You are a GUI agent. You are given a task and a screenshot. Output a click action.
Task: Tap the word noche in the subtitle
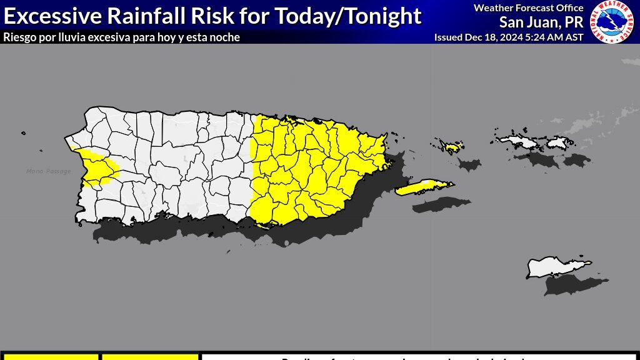click(x=226, y=37)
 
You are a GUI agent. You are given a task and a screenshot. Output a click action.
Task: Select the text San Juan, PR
click(x=541, y=22)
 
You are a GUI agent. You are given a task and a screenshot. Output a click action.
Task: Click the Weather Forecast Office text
click(x=528, y=8)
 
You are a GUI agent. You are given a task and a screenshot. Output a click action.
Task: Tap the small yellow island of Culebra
click(x=452, y=147)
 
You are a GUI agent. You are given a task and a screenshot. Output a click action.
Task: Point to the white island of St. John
click(x=557, y=144)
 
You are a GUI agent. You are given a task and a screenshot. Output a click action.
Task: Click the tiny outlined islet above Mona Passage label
click(x=23, y=132)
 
